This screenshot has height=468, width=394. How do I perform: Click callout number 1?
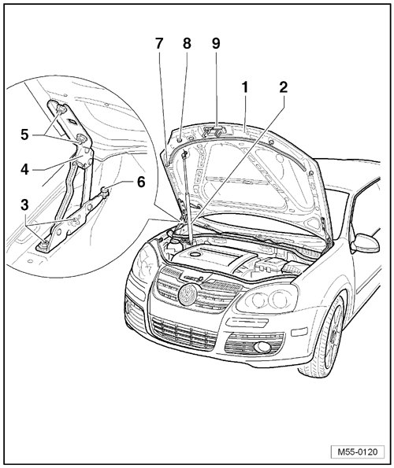coord(245,88)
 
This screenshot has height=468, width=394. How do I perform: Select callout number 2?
coord(283,87)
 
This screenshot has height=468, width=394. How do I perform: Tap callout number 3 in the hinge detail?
coord(24,205)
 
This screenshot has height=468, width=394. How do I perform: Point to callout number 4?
coord(24,170)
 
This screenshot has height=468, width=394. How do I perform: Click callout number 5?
coord(24,135)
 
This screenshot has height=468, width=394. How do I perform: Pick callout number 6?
coord(141,182)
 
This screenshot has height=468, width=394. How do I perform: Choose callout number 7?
coord(159,43)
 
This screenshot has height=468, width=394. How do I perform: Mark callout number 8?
coord(187,43)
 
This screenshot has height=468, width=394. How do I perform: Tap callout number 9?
coord(216,43)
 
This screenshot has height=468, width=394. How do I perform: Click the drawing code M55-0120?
coord(358,451)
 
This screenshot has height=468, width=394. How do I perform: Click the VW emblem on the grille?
coord(187,294)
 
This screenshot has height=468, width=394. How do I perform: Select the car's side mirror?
coord(366,243)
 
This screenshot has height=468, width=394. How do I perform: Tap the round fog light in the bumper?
coord(263,347)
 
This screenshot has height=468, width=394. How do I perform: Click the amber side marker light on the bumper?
coord(299,331)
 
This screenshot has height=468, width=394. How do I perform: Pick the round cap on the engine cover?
coord(195,254)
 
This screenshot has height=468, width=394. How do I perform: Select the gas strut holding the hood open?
coord(187,196)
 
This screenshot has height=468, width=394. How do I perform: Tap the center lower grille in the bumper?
coord(184,333)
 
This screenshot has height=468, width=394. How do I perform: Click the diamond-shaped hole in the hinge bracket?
coord(72,121)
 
